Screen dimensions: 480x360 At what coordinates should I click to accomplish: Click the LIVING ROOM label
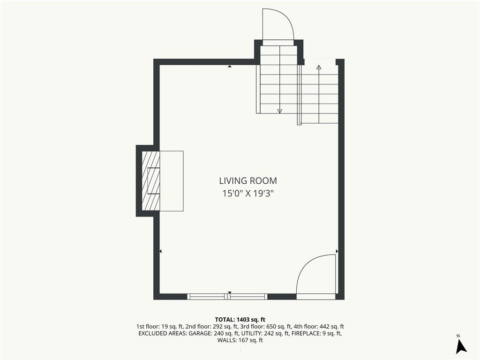click(x=248, y=180)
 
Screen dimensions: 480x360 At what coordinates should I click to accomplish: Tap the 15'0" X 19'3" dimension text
click(x=247, y=194)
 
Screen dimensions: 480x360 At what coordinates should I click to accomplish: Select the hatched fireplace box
click(x=151, y=180)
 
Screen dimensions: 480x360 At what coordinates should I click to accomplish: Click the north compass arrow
click(x=461, y=346)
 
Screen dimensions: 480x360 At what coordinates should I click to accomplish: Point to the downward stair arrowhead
click(x=279, y=112)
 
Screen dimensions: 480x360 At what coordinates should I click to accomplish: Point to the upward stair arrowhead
click(x=319, y=67)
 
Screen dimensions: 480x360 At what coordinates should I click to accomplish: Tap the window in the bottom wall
click(x=227, y=296)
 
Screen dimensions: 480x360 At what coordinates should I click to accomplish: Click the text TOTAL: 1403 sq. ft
click(x=240, y=320)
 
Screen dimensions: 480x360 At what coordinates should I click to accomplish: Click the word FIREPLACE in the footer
click(x=306, y=333)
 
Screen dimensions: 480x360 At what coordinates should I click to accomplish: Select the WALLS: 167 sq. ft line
click(x=240, y=340)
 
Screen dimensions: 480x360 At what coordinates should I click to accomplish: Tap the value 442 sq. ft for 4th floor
click(x=333, y=327)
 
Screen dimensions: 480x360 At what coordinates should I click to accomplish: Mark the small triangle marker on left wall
click(x=160, y=251)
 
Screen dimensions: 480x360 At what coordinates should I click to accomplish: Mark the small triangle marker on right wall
click(x=337, y=251)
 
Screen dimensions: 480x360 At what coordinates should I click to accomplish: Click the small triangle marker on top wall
click(x=230, y=66)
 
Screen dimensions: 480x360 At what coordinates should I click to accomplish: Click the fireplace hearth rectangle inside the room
click(x=172, y=181)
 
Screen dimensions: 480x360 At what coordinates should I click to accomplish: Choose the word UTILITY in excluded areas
click(x=250, y=333)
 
